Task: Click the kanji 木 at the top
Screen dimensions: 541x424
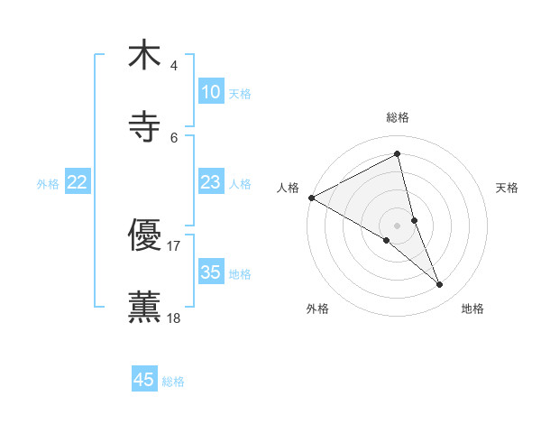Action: click(x=144, y=55)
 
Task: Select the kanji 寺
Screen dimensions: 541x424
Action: click(x=144, y=127)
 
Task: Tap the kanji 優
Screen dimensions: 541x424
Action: click(x=144, y=235)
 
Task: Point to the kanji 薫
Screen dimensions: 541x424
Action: click(x=144, y=308)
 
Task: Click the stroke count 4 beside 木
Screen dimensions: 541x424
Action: click(x=173, y=66)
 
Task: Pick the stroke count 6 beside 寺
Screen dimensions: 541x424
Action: click(x=174, y=137)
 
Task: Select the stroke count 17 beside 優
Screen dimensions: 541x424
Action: click(x=174, y=245)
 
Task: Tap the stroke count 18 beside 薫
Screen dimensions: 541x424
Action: click(x=174, y=318)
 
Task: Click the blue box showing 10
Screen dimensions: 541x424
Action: click(x=211, y=91)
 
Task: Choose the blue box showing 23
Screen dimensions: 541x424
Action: click(x=211, y=182)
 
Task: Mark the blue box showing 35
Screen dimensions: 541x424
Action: click(x=211, y=272)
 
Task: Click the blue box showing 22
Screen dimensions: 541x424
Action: click(x=78, y=182)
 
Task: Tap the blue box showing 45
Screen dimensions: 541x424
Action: click(x=144, y=380)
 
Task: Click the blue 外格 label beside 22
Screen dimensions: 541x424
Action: click(x=49, y=184)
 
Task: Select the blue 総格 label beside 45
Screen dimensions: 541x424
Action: click(x=173, y=382)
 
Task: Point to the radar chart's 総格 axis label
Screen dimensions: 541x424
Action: click(x=398, y=117)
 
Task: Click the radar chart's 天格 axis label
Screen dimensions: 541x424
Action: click(x=507, y=188)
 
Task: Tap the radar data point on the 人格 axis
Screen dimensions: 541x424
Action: click(x=311, y=198)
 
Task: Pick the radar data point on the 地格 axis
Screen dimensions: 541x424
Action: click(x=440, y=285)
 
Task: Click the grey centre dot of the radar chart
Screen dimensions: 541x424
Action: click(x=398, y=225)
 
